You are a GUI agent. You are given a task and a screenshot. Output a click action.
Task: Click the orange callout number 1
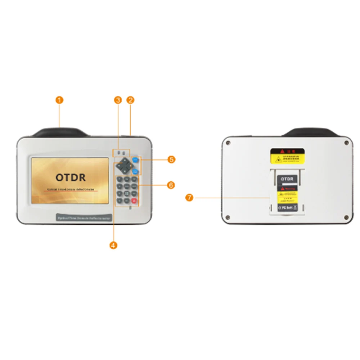point(60,100)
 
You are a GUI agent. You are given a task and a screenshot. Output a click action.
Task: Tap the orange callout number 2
point(131,100)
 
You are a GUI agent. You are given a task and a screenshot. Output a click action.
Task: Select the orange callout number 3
point(118,100)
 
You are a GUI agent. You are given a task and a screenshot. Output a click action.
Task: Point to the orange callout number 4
point(113,245)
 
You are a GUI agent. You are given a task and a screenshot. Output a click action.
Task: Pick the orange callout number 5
point(172,159)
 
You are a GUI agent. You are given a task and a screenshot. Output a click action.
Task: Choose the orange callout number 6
point(171,185)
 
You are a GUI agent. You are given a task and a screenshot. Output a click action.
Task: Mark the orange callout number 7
point(189,197)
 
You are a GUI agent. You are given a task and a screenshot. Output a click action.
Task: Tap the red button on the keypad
point(134,201)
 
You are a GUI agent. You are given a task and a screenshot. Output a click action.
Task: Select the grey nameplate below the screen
point(84,218)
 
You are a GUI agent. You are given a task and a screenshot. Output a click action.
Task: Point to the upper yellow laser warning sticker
point(288,155)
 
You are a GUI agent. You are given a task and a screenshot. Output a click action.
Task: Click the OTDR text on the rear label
point(287,179)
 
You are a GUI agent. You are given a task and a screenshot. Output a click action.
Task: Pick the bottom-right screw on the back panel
point(346,217)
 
